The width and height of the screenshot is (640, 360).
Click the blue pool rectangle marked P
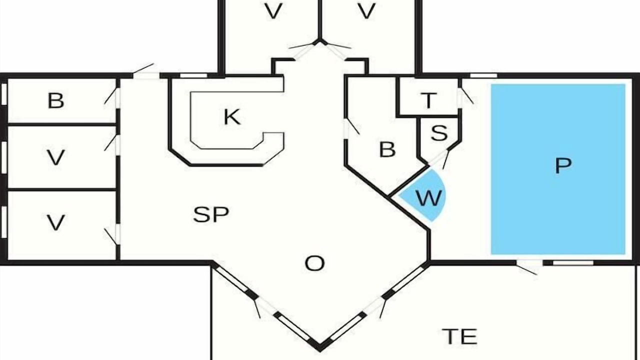(558, 169)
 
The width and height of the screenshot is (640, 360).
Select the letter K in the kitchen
(231, 116)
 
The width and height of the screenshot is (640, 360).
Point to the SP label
(211, 214)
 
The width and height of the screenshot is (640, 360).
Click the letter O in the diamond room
(314, 263)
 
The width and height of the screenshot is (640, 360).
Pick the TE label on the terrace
(459, 336)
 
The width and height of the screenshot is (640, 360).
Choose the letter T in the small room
(428, 100)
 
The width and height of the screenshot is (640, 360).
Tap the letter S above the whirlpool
(439, 133)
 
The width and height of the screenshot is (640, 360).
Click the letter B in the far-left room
(55, 100)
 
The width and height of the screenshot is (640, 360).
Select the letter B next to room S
(387, 149)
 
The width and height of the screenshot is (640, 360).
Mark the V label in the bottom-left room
(55, 222)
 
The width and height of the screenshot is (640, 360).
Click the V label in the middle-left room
(55, 157)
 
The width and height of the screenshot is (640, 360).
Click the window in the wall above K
(194, 75)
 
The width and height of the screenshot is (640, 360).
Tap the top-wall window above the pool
(483, 75)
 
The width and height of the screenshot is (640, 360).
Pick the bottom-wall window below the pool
(573, 263)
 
